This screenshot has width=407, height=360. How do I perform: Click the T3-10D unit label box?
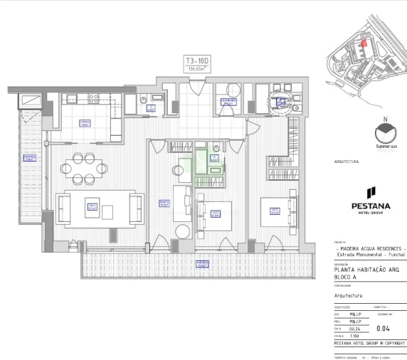tap(199, 65)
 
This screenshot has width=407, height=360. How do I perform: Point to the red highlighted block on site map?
tap(364, 43)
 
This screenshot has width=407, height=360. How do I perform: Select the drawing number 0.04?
tap(382, 329)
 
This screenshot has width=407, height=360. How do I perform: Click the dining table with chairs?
tap(84, 168)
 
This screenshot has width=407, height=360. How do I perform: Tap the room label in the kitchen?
tap(85, 122)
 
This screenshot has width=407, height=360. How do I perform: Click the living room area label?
tap(92, 207)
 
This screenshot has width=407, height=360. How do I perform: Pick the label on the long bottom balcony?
tap(202, 264)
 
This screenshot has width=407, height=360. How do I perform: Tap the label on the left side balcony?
tap(29, 157)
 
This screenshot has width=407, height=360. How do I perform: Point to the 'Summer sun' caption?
tap(385, 147)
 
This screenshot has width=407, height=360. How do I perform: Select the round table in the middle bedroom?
tap(182, 231)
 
